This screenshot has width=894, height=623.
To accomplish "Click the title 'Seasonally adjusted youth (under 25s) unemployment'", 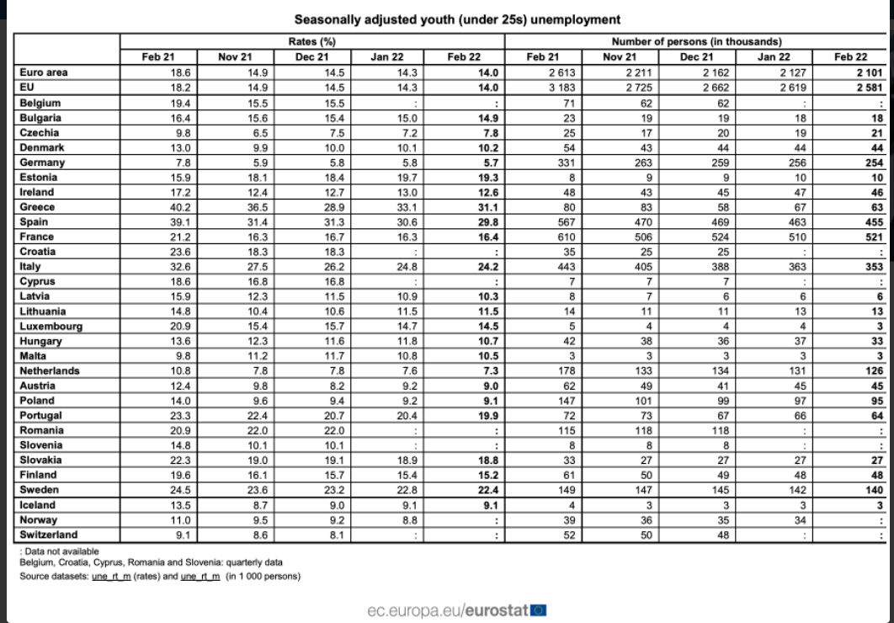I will click(457, 19).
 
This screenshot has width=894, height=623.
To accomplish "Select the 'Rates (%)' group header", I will click(312, 41).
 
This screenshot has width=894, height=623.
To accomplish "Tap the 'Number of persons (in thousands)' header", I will click(696, 41).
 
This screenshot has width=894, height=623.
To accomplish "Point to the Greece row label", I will click(37, 207).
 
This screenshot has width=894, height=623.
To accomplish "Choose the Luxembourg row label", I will click(51, 327).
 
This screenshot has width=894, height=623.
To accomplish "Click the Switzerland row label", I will click(48, 535).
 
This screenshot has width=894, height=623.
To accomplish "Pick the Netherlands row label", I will click(50, 371).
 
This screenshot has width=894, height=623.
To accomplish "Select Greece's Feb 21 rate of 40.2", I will click(180, 207).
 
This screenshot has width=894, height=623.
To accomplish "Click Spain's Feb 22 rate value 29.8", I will click(488, 222).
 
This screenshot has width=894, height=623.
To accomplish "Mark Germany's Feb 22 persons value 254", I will click(875, 162).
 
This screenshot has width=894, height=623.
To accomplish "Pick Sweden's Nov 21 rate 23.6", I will click(255, 490).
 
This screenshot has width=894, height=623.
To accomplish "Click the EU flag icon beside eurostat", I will click(539, 610).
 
